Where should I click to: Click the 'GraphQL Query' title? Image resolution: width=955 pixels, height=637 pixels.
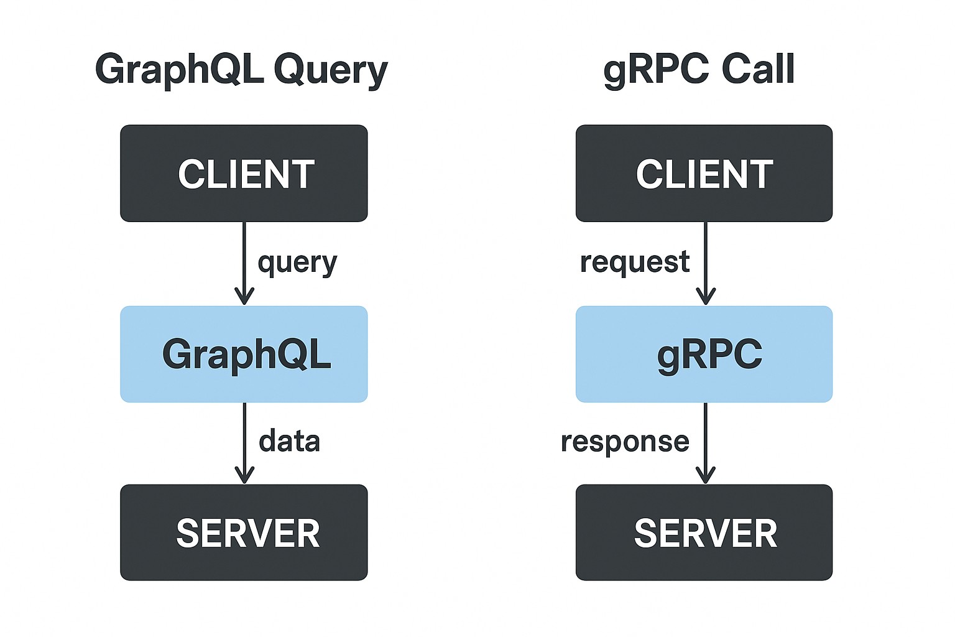(x=241, y=70)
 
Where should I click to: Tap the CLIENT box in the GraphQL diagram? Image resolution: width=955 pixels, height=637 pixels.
(x=244, y=174)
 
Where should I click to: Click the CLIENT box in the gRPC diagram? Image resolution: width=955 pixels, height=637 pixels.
(x=704, y=174)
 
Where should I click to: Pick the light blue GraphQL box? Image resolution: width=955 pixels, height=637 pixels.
(x=244, y=354)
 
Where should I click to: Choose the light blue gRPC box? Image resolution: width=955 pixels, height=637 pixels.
(x=704, y=354)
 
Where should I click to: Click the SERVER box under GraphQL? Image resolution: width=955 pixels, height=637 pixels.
(x=244, y=532)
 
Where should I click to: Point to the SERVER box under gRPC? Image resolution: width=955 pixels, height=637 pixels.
(x=704, y=532)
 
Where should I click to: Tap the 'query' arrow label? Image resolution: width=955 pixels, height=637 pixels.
(x=297, y=263)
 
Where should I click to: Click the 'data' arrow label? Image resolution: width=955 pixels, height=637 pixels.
(x=289, y=441)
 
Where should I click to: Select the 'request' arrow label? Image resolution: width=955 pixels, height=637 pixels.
(x=634, y=262)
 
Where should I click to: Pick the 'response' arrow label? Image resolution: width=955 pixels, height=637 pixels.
(x=625, y=442)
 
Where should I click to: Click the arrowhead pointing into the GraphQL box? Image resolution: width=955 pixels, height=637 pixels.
(x=244, y=297)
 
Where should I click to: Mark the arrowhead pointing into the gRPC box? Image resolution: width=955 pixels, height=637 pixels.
(x=706, y=297)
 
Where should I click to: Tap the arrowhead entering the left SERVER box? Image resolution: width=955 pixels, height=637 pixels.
(x=244, y=475)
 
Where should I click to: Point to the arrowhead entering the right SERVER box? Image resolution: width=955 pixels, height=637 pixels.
(x=706, y=475)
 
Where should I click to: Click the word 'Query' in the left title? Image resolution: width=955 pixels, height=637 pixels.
(x=331, y=70)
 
